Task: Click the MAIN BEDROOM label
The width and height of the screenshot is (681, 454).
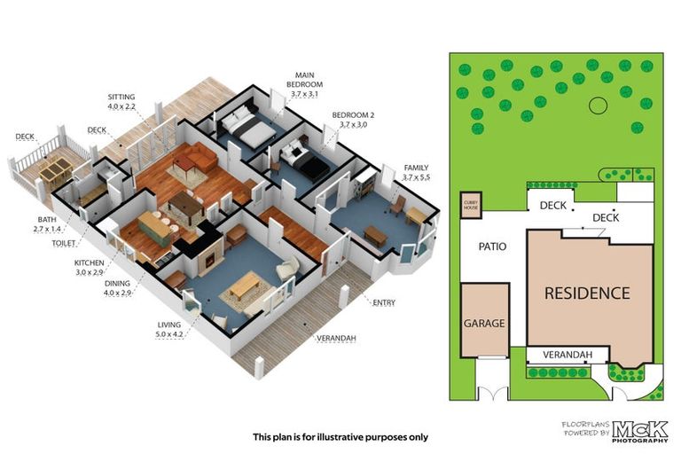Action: pos(304,80)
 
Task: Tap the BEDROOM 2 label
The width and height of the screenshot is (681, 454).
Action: pos(353,115)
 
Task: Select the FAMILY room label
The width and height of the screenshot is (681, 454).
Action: pos(416,168)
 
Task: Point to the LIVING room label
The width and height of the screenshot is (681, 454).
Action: pos(169,325)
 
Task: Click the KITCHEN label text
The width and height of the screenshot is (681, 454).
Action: pos(89,262)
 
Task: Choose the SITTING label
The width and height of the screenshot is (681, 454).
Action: pos(121,97)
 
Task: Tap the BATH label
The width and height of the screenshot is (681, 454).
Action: pos(47,219)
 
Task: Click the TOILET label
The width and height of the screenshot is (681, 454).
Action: pos(64,243)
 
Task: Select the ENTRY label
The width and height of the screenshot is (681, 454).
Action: pos(384,302)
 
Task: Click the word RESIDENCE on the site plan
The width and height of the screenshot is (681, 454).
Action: pos(587,294)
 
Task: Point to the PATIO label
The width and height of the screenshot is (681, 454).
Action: pos(492,247)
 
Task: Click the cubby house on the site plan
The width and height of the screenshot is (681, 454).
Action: pos(471,205)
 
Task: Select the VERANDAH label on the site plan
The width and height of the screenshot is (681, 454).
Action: pos(567,355)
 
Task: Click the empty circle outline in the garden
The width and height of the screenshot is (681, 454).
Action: pos(598,105)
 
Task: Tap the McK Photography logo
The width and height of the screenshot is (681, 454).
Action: pos(639,431)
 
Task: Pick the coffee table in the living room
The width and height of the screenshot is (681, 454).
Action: pos(245,286)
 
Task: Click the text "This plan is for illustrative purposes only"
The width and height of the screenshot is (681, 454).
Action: pos(340,437)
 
